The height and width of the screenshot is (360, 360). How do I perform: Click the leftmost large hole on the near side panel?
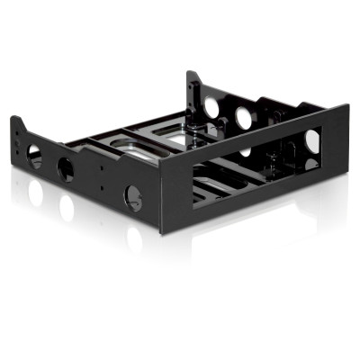(x=35, y=157)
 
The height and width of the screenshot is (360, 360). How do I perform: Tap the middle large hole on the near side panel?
(x=66, y=168)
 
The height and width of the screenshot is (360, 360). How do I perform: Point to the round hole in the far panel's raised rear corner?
(x=211, y=107)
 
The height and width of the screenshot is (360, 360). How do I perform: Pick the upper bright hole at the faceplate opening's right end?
(x=311, y=140)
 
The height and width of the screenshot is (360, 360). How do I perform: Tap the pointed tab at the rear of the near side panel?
(x=15, y=121)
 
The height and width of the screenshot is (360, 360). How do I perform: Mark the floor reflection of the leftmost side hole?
(x=36, y=192)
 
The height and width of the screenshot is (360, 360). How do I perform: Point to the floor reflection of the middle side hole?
(x=66, y=209)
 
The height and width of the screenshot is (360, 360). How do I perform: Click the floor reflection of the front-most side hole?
(x=133, y=238)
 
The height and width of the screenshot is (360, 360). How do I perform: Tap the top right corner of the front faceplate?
(x=347, y=105)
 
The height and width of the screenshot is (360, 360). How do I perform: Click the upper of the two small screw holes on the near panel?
(x=100, y=165)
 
